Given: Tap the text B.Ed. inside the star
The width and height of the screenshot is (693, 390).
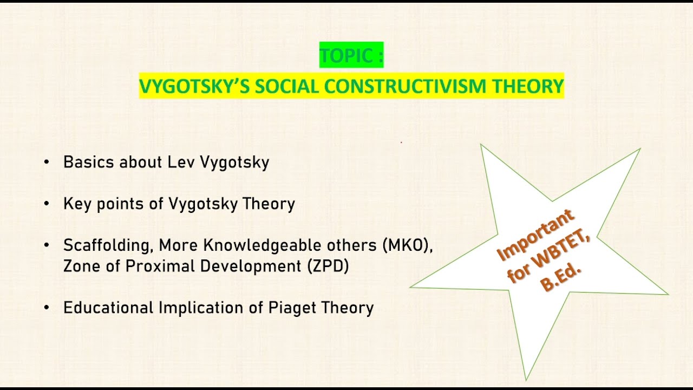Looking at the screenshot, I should [x=560, y=277].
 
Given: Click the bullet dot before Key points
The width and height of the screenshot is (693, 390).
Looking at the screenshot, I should [x=47, y=204].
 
